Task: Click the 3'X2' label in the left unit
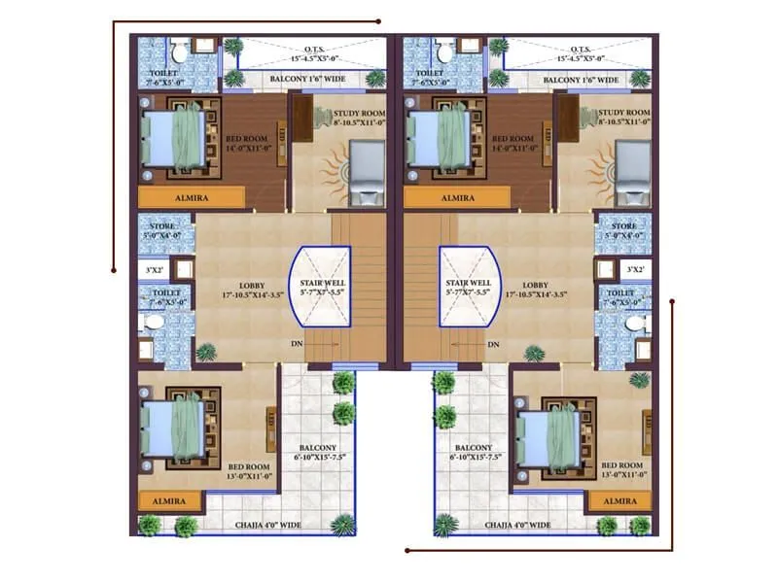tap(154, 269)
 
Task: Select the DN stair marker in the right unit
tap(493, 344)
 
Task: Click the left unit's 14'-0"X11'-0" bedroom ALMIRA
tap(191, 197)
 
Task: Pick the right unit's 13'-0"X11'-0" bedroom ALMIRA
tap(620, 500)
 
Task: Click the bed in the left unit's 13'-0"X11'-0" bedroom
tap(177, 429)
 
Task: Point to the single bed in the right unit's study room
tap(632, 172)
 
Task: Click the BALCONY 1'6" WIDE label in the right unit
tap(581, 80)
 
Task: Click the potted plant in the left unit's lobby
tap(205, 352)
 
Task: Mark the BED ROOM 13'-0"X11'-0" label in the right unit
tap(622, 471)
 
